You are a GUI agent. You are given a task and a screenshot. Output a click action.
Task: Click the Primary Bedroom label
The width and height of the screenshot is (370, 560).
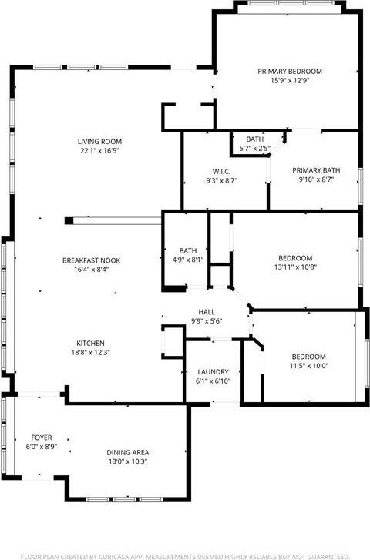[289, 71]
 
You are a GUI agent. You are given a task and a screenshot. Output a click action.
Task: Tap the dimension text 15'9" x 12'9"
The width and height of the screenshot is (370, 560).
[289, 80]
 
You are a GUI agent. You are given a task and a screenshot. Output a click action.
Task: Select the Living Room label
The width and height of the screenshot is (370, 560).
[99, 141]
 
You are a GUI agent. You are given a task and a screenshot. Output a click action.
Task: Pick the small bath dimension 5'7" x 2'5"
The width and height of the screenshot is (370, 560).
[254, 148]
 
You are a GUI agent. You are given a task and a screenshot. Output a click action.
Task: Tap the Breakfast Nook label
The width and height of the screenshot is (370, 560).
[91, 260]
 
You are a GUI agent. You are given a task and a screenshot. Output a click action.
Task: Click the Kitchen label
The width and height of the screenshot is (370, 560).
[90, 343]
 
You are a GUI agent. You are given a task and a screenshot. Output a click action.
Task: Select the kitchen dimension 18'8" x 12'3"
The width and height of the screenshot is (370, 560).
[90, 352]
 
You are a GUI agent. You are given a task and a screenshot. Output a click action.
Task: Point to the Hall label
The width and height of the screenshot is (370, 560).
[207, 312]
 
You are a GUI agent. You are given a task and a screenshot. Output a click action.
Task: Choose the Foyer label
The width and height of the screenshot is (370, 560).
[42, 437]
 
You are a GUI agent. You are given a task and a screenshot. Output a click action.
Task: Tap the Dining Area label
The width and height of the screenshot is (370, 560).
[127, 452]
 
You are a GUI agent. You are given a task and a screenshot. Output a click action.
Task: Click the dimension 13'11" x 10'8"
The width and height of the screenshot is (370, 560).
[295, 267]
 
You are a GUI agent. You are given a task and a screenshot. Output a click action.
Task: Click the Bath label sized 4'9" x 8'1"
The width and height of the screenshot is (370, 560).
[187, 250]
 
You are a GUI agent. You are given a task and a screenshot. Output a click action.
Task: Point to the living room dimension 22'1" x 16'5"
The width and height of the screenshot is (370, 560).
[99, 150]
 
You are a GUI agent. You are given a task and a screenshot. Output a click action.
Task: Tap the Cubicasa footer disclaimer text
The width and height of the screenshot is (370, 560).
[185, 555]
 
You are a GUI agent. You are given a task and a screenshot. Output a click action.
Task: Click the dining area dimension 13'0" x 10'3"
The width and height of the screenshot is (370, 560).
[127, 461]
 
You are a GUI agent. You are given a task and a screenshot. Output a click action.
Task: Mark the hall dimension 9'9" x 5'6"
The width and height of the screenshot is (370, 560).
[207, 321]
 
